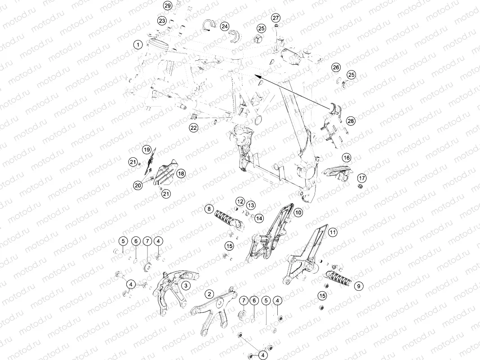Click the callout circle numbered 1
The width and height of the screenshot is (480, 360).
pyautogui.click(x=138, y=44)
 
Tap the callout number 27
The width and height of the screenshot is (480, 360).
pyautogui.click(x=276, y=18)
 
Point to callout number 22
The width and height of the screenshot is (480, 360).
pyautogui.click(x=193, y=128)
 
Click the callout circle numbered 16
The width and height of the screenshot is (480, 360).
pyautogui.click(x=347, y=158)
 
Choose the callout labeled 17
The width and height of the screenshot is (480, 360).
pyautogui.click(x=362, y=178)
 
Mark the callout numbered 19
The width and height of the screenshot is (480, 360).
pyautogui.click(x=147, y=150)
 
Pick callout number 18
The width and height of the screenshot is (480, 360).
pyautogui.click(x=181, y=173)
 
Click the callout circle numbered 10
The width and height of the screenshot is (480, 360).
pyautogui.click(x=298, y=212)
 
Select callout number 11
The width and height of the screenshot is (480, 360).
pyautogui.click(x=333, y=232)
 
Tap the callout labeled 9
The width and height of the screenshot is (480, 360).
pyautogui.click(x=359, y=286)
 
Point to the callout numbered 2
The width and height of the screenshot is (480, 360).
pyautogui.click(x=209, y=294)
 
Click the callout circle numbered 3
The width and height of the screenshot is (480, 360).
pyautogui.click(x=186, y=285)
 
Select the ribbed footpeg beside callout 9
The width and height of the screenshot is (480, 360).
pyautogui.click(x=339, y=277)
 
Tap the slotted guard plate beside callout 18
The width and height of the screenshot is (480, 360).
pyautogui.click(x=166, y=174)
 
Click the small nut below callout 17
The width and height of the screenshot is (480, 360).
pyautogui.click(x=360, y=186)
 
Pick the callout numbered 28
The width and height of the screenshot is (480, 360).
pyautogui.click(x=351, y=121)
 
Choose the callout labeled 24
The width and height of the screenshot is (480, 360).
pyautogui.click(x=225, y=27)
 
